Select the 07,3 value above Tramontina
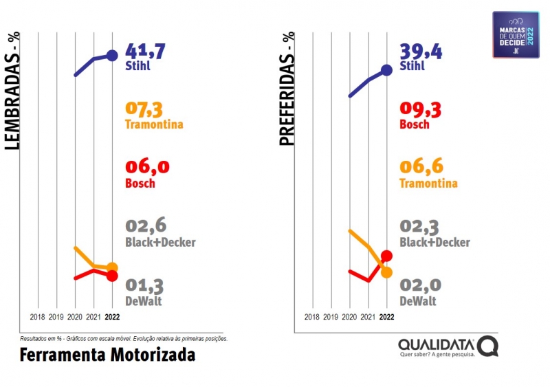tap(145, 109)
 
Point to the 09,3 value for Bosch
tap(421, 109)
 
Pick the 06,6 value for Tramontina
tap(421, 167)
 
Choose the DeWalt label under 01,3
tap(144, 301)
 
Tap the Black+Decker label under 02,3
tap(434, 243)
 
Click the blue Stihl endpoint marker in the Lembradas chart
tap(112, 56)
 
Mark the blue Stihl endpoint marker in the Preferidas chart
tap(386, 69)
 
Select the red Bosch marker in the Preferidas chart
tap(386, 256)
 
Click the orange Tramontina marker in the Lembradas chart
tap(112, 267)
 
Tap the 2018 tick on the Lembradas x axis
tap(38, 317)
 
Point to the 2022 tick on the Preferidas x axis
tap(386, 317)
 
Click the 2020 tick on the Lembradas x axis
tap(75, 317)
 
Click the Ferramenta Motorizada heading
tap(107, 355)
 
